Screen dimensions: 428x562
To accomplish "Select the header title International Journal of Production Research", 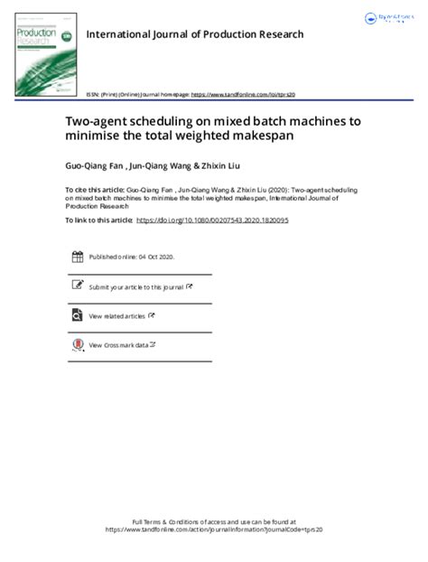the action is point(194,34).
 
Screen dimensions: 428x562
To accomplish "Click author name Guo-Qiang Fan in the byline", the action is point(91,165).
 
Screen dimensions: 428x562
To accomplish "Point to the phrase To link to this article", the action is point(98,220).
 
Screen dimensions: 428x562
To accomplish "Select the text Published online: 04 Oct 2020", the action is point(132,258).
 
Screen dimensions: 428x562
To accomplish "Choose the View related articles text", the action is point(117,316).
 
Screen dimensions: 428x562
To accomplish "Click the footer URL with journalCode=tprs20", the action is point(213,530).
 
